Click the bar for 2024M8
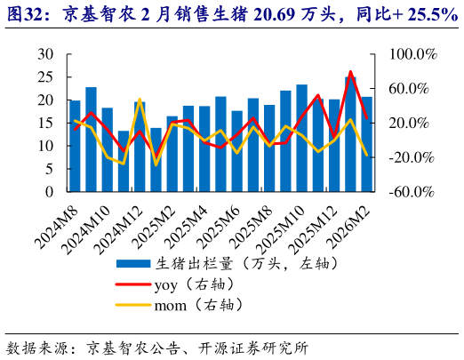(x=75, y=146)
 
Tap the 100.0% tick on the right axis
(x=413, y=54)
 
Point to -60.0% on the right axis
(x=413, y=191)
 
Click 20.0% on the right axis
(x=413, y=123)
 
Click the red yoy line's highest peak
(x=351, y=72)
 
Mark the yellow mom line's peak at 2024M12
(x=140, y=100)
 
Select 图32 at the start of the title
(x=25, y=15)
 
